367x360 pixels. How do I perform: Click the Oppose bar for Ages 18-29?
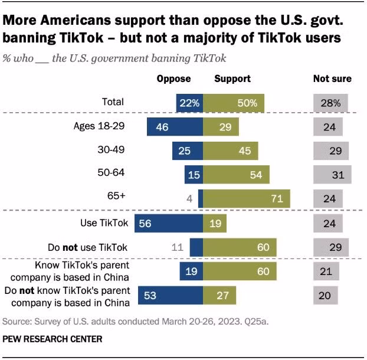(175, 126)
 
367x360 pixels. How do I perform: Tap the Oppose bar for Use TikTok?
(169, 223)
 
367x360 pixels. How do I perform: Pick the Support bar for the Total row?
(234, 103)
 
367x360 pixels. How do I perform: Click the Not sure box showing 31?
(333, 175)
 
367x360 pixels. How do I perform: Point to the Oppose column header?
(173, 78)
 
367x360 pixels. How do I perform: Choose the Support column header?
(232, 78)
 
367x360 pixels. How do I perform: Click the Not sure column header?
(332, 78)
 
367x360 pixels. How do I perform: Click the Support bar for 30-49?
(228, 150)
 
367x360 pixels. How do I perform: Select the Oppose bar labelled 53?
(170, 295)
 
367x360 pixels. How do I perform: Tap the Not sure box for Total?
(331, 103)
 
